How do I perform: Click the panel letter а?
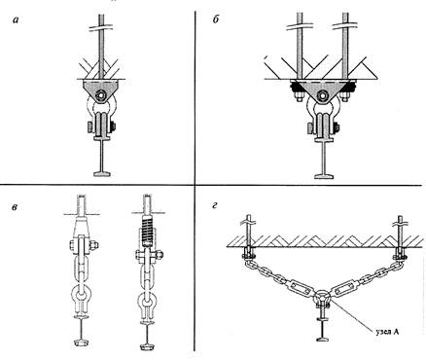click(16, 20)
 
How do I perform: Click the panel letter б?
click(216, 20)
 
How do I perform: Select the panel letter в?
click(15, 206)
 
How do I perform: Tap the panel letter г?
click(214, 205)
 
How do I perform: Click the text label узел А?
click(387, 332)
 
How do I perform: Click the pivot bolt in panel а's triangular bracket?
click(100, 95)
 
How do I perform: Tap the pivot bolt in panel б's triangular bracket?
click(323, 95)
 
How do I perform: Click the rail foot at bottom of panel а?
click(102, 174)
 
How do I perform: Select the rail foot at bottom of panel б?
click(323, 176)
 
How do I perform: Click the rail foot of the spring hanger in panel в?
click(147, 348)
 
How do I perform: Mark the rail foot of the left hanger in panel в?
click(80, 342)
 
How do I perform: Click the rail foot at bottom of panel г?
click(323, 339)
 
